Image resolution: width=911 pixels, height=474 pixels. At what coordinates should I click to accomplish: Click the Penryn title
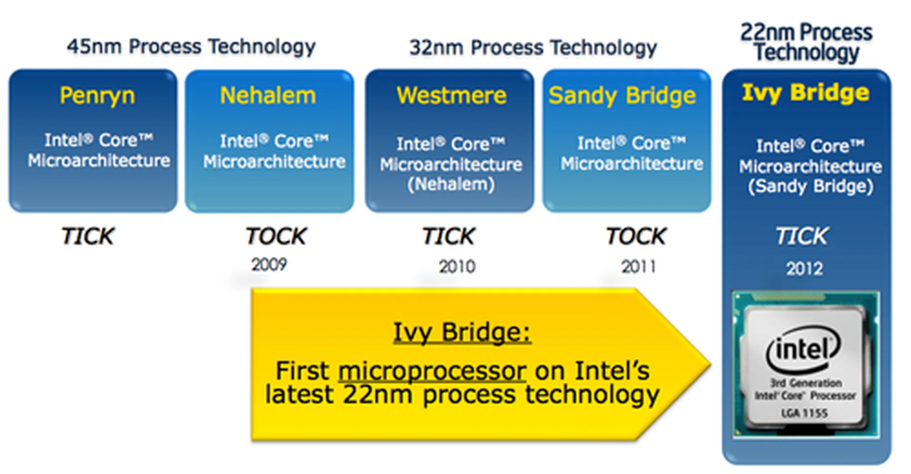[x=97, y=96]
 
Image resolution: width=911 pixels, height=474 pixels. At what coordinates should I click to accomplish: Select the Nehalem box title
[x=268, y=95]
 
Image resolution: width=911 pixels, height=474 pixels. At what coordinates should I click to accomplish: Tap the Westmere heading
[x=451, y=95]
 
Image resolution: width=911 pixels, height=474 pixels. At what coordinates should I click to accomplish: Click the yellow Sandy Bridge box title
[x=622, y=96]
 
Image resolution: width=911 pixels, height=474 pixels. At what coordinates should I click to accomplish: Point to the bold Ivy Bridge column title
[x=806, y=93]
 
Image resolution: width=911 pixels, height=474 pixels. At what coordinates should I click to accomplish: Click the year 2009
[x=269, y=265]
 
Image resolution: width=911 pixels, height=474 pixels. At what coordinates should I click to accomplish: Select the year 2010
[x=457, y=267]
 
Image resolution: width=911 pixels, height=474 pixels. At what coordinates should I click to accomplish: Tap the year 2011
[x=639, y=267]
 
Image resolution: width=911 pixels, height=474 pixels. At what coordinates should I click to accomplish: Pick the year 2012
[x=805, y=269]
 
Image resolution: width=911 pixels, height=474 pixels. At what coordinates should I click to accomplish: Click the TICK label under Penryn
[x=88, y=236]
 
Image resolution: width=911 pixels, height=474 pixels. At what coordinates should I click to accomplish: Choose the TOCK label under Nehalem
[x=276, y=236]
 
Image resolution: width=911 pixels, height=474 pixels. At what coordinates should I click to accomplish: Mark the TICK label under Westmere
[x=449, y=236]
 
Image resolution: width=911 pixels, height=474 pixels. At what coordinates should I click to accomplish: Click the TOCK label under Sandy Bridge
[x=636, y=236]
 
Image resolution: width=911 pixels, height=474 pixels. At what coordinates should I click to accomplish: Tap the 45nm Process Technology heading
[x=191, y=47]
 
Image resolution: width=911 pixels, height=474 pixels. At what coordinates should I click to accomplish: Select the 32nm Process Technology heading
[x=533, y=47]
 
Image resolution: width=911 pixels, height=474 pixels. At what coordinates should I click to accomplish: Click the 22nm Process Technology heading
[x=806, y=42]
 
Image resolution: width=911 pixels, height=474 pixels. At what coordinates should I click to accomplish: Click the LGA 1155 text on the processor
[x=804, y=413]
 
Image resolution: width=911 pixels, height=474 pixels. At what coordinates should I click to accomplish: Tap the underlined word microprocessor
[x=432, y=371]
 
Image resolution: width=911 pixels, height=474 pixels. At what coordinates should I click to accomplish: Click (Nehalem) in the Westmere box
[x=451, y=184]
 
